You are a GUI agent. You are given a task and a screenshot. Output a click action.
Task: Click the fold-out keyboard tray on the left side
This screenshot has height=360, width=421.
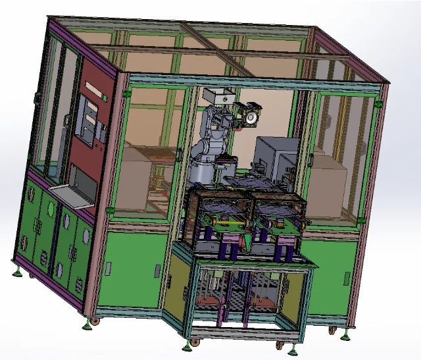tap(70, 195)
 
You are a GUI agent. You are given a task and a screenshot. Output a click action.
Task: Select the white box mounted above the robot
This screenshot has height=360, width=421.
tap(218, 95)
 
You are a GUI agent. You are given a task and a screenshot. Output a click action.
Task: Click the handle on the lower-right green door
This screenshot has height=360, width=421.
tap(347, 278)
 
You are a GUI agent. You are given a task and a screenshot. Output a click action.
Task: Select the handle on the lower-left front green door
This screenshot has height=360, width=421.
tap(156, 271)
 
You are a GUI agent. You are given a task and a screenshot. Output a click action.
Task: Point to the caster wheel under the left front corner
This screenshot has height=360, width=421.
tap(95, 322)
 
